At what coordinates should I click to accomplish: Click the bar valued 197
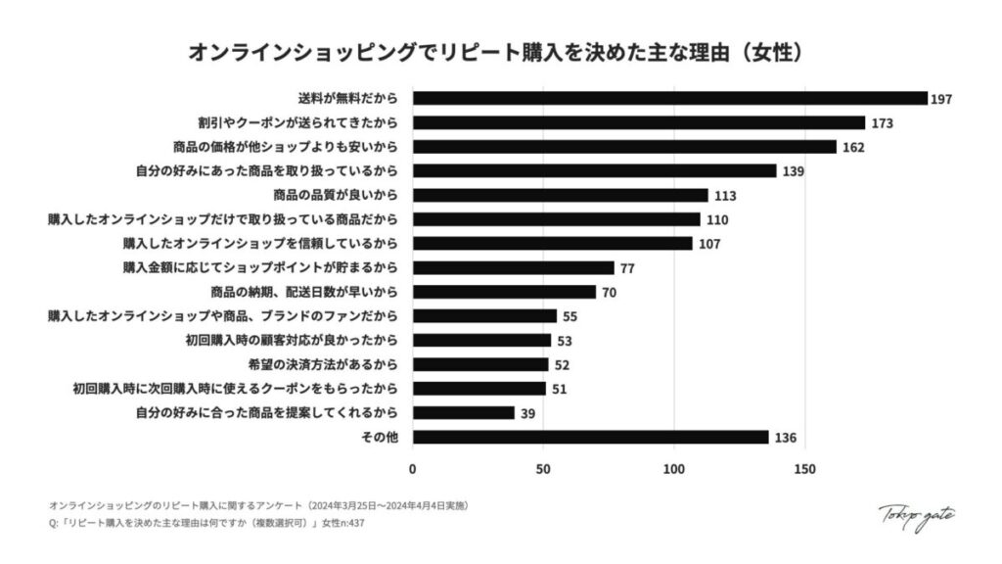coord(669,98)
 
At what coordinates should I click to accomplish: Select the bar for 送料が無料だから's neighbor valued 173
coord(638,122)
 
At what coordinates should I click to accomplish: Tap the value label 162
coord(855,147)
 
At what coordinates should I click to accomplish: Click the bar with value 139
coord(594,170)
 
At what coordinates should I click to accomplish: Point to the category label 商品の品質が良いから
coord(342,195)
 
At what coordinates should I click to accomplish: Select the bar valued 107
coord(552,243)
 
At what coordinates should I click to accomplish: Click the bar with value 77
coord(513,267)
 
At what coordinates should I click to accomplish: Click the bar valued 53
coord(481,340)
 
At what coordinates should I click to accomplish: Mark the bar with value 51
coord(478,388)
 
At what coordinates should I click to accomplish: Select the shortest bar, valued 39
coord(463,412)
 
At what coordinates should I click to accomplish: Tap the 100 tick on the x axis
coord(673,468)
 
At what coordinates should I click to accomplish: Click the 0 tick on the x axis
coord(412,468)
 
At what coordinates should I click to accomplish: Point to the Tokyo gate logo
coord(916,516)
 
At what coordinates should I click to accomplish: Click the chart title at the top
coord(501,52)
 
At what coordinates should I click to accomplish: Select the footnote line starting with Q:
coord(207,523)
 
